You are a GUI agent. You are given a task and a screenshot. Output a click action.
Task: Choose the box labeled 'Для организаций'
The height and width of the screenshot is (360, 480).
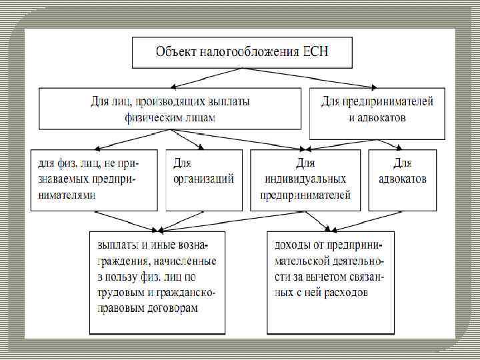(204, 180)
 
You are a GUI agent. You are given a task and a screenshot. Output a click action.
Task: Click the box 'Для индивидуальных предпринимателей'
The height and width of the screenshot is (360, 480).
(306, 180)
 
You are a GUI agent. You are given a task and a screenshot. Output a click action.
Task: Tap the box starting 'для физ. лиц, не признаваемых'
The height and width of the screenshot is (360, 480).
(94, 180)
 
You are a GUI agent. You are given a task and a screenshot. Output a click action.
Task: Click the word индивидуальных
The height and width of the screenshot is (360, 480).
(306, 179)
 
